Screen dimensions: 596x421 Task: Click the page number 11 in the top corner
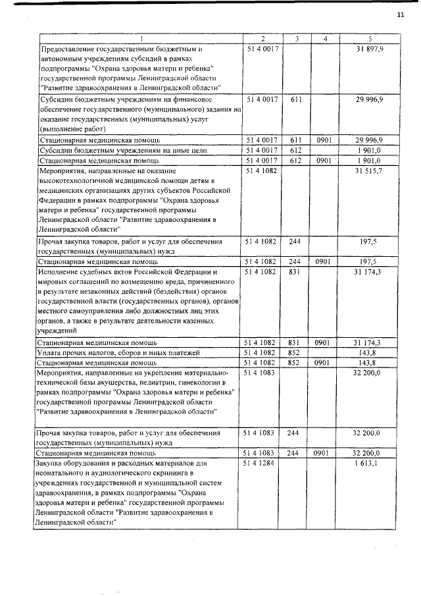[400, 16]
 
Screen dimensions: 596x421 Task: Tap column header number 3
[296, 39]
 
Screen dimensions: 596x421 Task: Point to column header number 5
[370, 39]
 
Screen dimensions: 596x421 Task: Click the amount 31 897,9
[370, 49]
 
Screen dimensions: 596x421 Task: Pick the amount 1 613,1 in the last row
[370, 464]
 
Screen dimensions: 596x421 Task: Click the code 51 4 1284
[262, 464]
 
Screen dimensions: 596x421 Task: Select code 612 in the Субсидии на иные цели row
[296, 150]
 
